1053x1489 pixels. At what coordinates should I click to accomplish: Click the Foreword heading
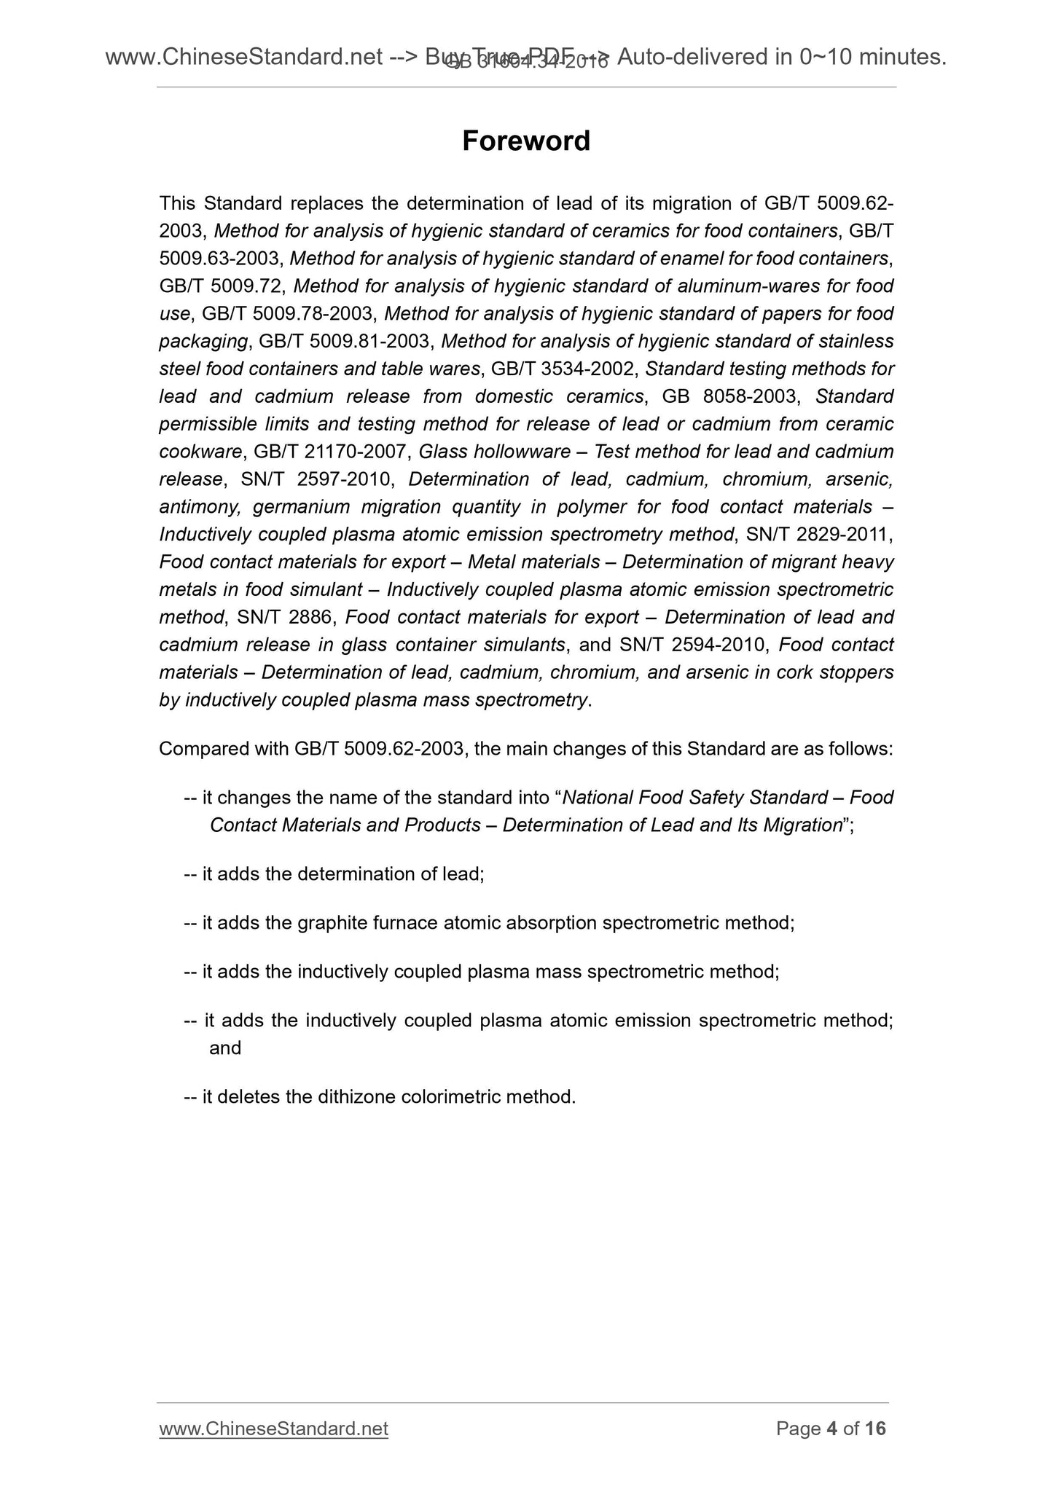pyautogui.click(x=525, y=141)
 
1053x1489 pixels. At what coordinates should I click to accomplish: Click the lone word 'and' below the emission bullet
pyautogui.click(x=225, y=1048)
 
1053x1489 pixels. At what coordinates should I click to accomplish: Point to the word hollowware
pyautogui.click(x=531, y=452)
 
